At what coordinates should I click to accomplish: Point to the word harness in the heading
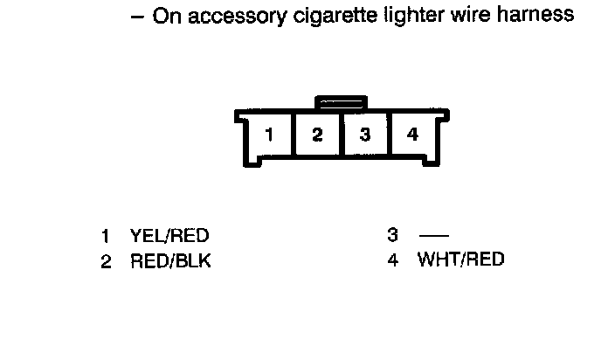pyautogui.click(x=531, y=15)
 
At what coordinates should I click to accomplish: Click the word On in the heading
pyautogui.click(x=166, y=15)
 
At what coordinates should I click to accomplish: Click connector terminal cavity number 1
pyautogui.click(x=271, y=135)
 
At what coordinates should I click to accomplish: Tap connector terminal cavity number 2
pyautogui.click(x=318, y=135)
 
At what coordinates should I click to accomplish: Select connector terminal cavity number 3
pyautogui.click(x=365, y=135)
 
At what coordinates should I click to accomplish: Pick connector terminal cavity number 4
pyautogui.click(x=412, y=135)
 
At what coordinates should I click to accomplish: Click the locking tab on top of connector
pyautogui.click(x=342, y=103)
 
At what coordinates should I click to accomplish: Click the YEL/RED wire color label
pyautogui.click(x=169, y=236)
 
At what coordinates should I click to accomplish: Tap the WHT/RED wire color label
pyautogui.click(x=460, y=260)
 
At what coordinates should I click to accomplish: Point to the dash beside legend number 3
pyautogui.click(x=433, y=236)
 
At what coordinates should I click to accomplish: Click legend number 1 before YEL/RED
pyautogui.click(x=106, y=236)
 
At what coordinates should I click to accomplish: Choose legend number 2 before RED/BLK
pyautogui.click(x=106, y=261)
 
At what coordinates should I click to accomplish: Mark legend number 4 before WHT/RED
pyautogui.click(x=393, y=260)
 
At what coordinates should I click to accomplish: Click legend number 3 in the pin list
pyautogui.click(x=393, y=235)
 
